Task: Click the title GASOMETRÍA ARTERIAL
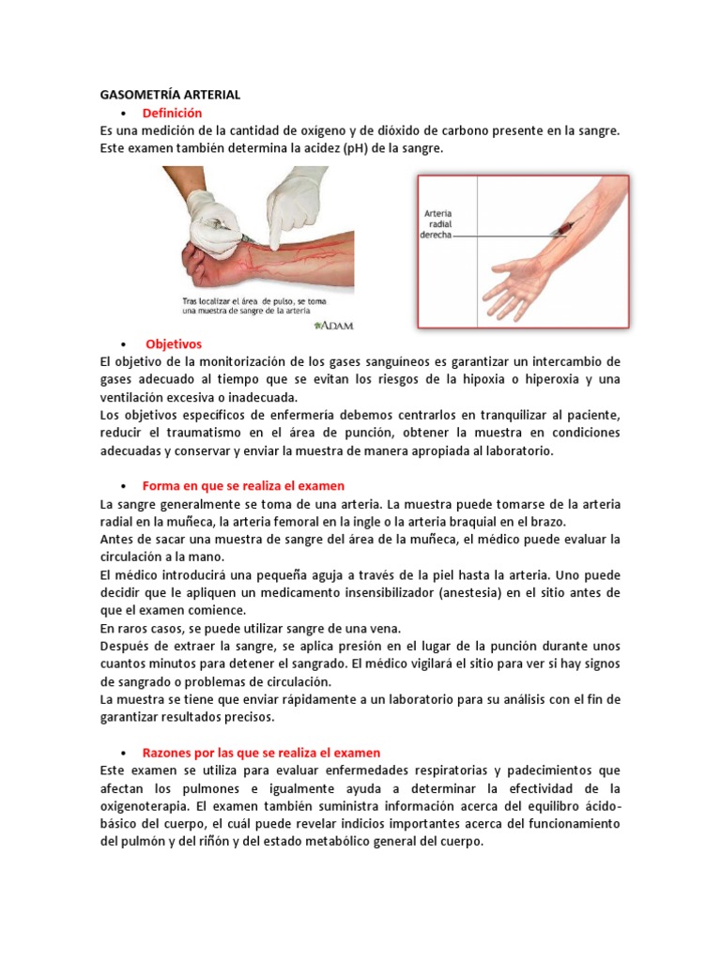[171, 95]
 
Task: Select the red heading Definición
[172, 113]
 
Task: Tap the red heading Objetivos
[174, 343]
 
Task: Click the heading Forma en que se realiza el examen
[243, 486]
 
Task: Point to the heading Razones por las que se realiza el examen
[261, 753]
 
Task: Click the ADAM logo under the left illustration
[334, 326]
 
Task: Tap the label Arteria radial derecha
[437, 224]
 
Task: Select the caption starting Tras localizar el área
[254, 306]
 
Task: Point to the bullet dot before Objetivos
[124, 344]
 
